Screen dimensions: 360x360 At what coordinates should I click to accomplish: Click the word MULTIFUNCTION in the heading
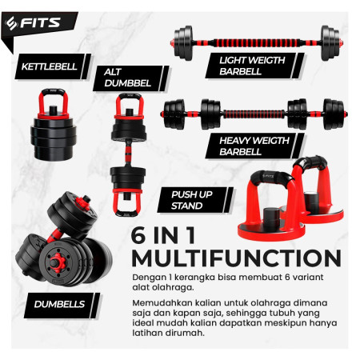(230, 258)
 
